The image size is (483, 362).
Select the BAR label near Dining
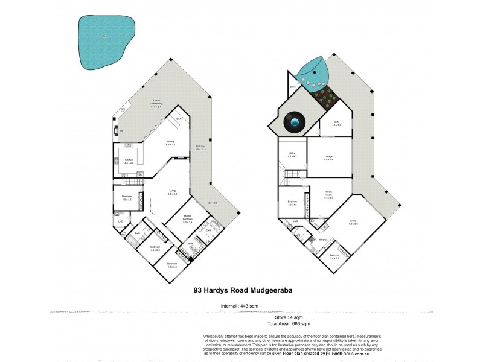click(179, 119)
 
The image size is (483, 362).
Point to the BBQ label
click(121, 130)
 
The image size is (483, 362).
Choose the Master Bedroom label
click(187, 220)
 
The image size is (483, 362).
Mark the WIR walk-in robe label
click(190, 244)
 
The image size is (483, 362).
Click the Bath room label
click(137, 233)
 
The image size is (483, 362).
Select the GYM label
click(337, 123)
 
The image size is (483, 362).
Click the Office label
click(291, 154)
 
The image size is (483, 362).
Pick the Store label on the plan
click(293, 87)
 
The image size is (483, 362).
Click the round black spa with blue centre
click(294, 122)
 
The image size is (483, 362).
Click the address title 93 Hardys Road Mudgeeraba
click(243, 290)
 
